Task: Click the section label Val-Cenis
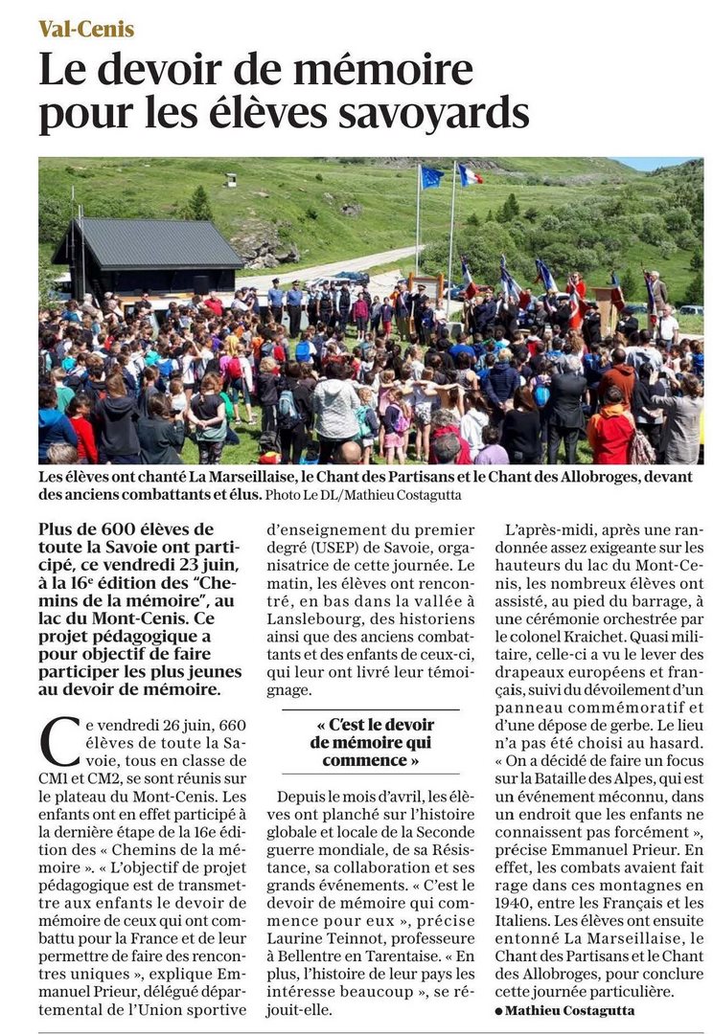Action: [x=86, y=29]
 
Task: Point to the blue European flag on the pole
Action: [x=432, y=177]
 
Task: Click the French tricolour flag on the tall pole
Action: [x=470, y=174]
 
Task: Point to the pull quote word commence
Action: [x=365, y=759]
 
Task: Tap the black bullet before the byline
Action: [x=498, y=1012]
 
